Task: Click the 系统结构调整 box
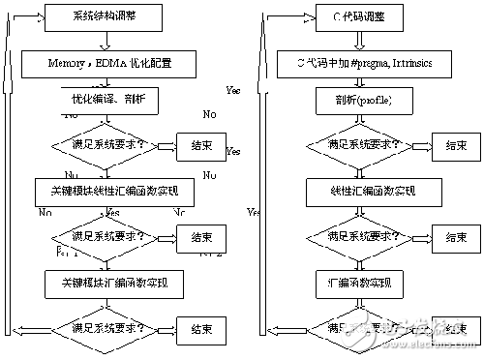point(105,16)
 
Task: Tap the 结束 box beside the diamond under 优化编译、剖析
point(201,146)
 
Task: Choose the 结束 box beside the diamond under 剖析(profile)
point(455,146)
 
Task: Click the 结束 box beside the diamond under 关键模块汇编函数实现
point(201,328)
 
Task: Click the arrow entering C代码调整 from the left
point(293,16)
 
